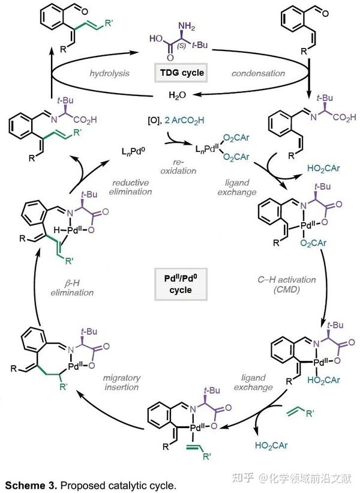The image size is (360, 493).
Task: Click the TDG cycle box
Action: tap(181, 73)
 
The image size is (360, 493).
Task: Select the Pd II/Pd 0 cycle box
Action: tap(181, 284)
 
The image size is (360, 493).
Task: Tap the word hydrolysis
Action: tap(109, 74)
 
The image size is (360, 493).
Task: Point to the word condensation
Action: tap(258, 73)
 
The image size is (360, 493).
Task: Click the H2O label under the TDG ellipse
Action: tap(177, 95)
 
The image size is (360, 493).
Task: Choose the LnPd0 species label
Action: tap(134, 151)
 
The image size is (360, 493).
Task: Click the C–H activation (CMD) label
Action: tap(286, 284)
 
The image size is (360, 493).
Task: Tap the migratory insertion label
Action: tap(122, 383)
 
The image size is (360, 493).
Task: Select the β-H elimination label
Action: tap(72, 288)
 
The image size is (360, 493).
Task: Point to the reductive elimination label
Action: tap(130, 187)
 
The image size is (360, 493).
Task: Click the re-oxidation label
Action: tap(178, 167)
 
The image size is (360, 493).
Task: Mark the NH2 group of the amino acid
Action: tap(186, 26)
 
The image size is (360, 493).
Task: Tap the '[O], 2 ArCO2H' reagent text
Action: tap(176, 121)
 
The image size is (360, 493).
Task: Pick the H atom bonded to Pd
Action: tap(56, 230)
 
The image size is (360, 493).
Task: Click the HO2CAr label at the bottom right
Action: tap(271, 445)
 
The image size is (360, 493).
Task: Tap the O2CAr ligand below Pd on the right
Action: tap(313, 243)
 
